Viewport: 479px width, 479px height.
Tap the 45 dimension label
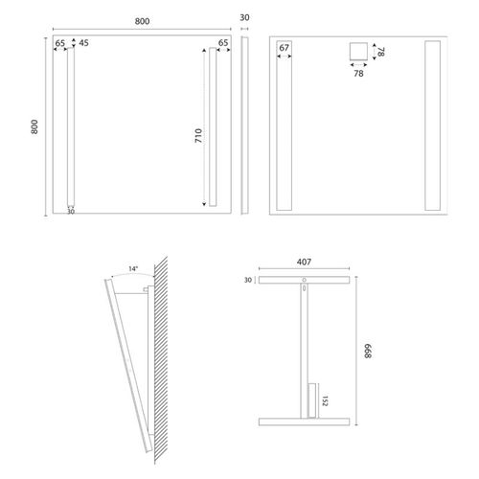coord(83,43)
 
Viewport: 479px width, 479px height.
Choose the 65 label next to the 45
coord(59,43)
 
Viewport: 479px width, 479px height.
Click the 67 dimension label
coord(285,48)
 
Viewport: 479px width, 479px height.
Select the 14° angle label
coord(132,269)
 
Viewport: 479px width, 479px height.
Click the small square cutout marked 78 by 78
coord(357,53)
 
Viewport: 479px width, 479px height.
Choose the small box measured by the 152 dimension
coord(312,399)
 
